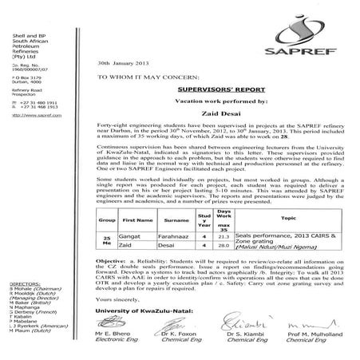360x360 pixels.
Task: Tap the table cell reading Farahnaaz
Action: point(177,237)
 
